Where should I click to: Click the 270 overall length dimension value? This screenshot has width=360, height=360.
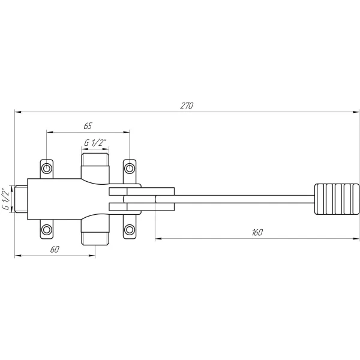point(187,106)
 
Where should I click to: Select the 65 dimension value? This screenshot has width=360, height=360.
point(88,126)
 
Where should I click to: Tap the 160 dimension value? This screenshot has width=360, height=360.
point(257,233)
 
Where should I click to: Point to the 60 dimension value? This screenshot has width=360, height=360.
point(55,250)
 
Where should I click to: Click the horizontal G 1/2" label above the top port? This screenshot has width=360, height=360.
point(95,143)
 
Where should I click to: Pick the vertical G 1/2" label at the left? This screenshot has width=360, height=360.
point(6,199)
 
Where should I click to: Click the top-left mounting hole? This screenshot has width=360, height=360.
point(47,168)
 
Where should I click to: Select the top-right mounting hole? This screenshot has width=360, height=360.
point(130,168)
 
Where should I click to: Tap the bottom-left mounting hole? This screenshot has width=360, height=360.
point(47,229)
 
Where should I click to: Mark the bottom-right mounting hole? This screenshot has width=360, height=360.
point(130,229)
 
